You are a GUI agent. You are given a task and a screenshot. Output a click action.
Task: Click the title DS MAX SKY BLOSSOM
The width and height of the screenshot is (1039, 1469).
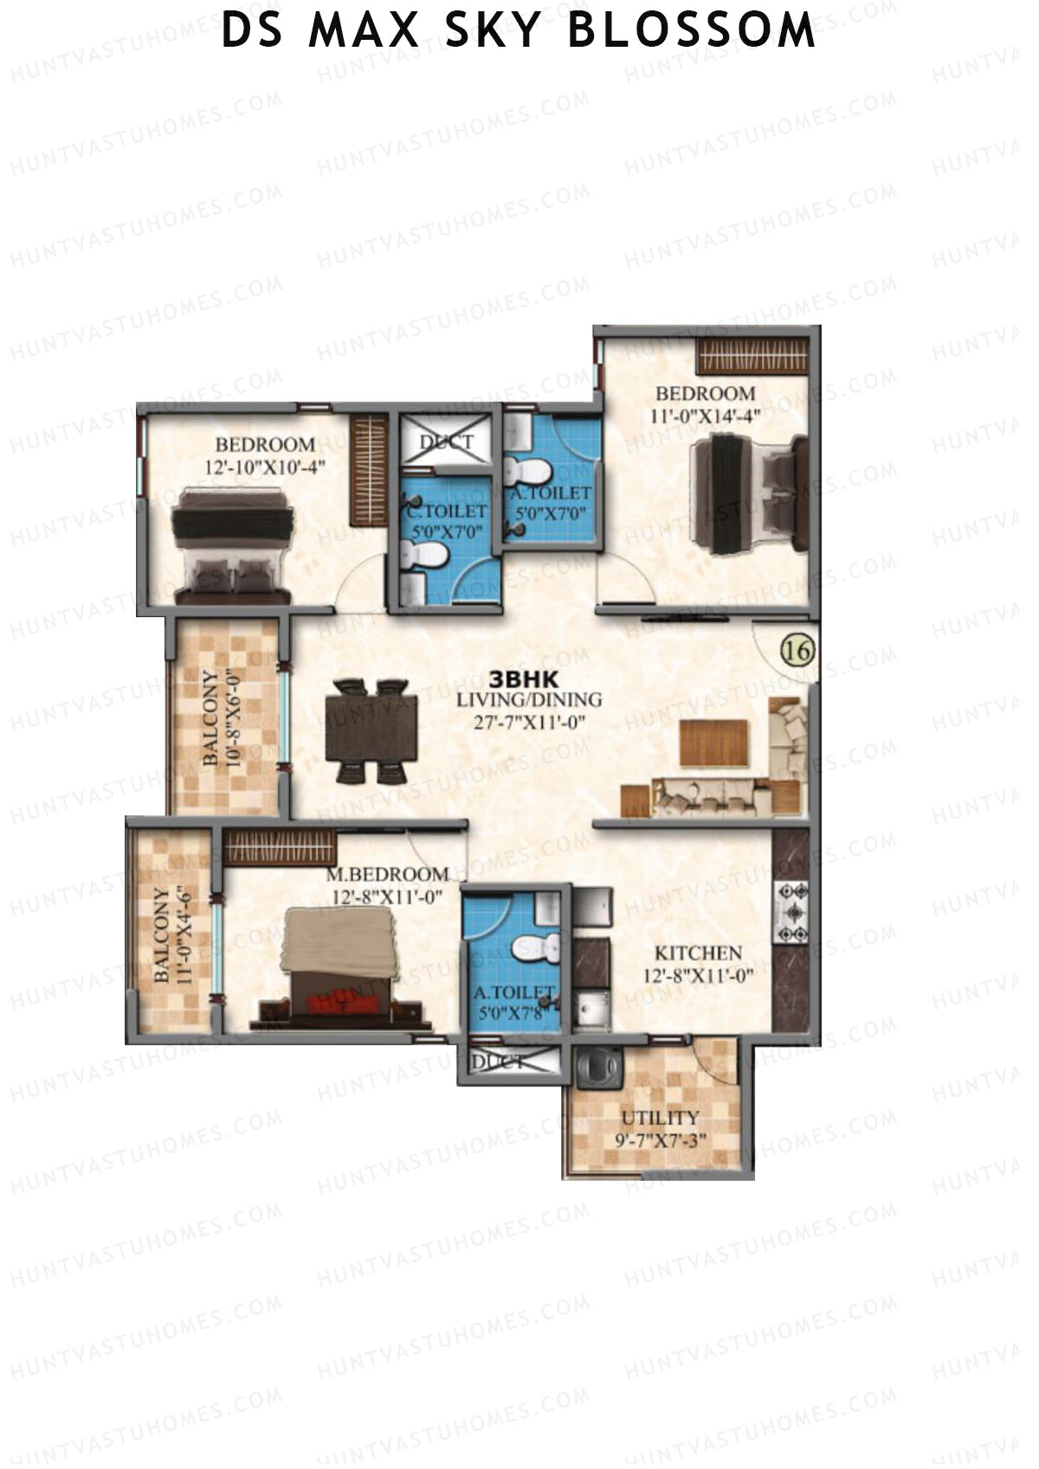click(x=519, y=32)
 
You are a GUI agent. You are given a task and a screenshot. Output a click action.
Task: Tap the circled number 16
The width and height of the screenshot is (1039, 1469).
click(x=797, y=650)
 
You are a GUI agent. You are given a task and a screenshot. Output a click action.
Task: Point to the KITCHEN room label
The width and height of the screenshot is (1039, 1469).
click(x=698, y=953)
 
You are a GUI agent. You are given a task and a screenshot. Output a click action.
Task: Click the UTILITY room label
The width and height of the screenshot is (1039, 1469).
click(x=660, y=1118)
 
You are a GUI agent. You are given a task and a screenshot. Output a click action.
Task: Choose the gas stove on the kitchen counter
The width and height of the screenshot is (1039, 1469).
click(x=793, y=911)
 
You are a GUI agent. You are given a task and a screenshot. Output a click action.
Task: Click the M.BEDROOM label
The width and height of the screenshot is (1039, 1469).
click(x=387, y=875)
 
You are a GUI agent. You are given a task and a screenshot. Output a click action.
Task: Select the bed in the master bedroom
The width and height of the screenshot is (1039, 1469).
click(x=341, y=965)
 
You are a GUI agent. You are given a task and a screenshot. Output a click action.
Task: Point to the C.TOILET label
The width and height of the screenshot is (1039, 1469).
click(x=447, y=512)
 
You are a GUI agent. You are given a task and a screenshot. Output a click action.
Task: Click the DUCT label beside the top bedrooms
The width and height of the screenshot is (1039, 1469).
click(x=447, y=442)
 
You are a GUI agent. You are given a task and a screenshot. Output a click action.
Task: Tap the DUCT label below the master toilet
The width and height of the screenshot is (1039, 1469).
click(x=497, y=1061)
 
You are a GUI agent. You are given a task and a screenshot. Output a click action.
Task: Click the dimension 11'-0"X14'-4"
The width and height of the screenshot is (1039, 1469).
click(x=705, y=416)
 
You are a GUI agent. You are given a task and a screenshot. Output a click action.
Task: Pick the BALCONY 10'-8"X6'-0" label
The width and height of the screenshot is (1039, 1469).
click(x=221, y=716)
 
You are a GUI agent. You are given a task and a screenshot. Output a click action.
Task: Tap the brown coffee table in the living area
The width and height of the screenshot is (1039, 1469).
click(x=713, y=743)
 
